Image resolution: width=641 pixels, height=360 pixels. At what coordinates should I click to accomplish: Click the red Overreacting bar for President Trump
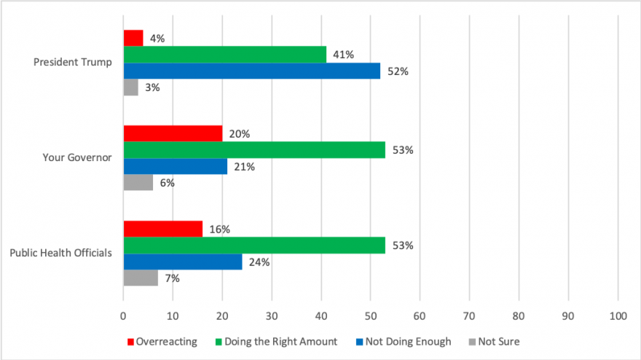coord(133,38)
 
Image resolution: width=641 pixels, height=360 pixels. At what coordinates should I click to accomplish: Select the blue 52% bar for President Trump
coord(251,71)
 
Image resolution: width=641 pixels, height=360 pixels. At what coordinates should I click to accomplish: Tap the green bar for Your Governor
coord(254,150)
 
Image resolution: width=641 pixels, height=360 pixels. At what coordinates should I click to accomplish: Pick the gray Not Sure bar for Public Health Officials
coord(141,278)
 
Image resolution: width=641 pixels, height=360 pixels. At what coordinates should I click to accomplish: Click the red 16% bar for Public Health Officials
coord(163,229)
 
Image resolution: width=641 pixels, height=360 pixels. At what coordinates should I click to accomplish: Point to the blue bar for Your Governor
coord(175,167)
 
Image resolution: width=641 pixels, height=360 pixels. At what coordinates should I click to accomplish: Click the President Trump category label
coord(73,62)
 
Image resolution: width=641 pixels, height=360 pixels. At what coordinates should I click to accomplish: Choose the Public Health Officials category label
coord(60,254)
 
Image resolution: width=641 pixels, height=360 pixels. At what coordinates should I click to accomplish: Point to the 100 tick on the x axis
coord(618,316)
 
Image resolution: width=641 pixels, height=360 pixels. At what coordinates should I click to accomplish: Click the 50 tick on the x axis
coord(370,316)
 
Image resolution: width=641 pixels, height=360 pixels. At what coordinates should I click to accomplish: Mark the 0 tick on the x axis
coord(123,316)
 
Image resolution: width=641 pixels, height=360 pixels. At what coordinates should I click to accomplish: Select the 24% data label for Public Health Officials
coord(259,262)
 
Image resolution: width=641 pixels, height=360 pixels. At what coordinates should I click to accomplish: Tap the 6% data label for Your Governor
coord(167,183)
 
